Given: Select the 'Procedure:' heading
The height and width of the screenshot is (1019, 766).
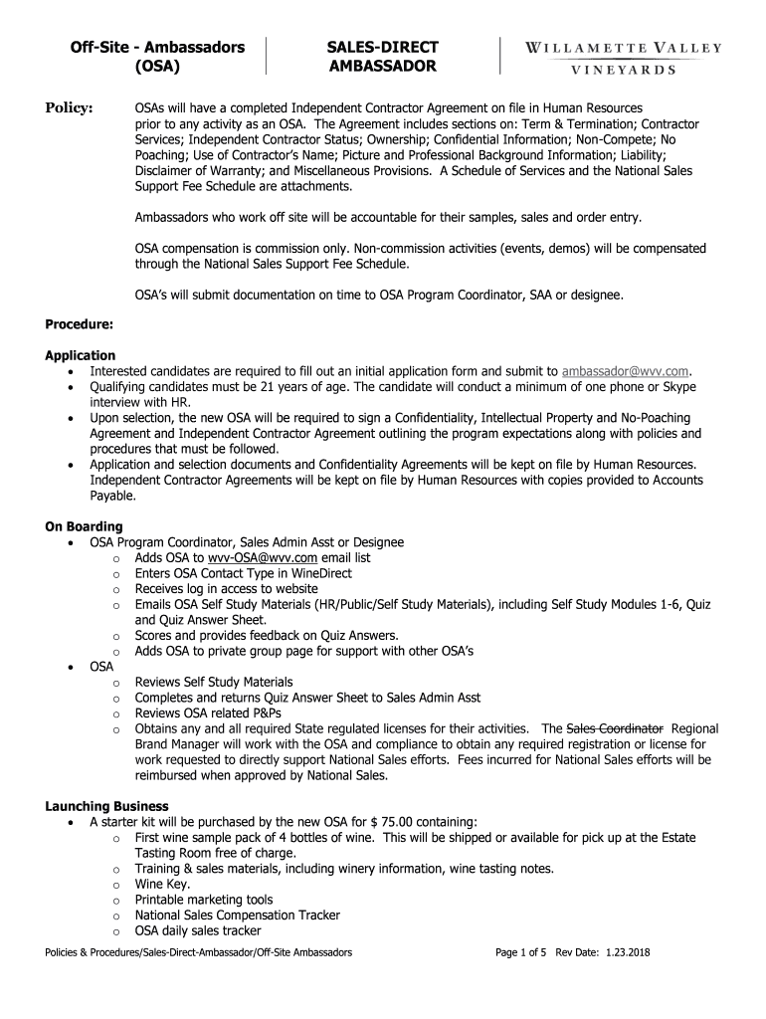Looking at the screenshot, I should (x=79, y=324).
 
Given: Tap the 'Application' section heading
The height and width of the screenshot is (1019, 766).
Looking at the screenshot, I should (x=81, y=355).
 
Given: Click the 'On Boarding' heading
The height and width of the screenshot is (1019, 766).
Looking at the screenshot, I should (x=85, y=526).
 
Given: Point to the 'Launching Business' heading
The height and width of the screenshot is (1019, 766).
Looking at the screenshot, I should (x=106, y=806).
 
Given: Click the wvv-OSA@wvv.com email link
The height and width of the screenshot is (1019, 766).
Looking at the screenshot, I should (x=255, y=558).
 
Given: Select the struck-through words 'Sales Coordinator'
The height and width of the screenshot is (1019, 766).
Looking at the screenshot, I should (x=615, y=728).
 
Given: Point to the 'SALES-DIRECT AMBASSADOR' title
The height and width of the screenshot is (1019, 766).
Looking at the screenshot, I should (x=383, y=57).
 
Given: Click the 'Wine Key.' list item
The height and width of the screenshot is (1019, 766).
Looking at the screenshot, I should (x=163, y=884).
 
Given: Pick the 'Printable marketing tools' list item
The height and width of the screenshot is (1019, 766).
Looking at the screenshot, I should (x=204, y=900).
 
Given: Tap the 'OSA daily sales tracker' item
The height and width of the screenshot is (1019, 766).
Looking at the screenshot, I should (x=198, y=931).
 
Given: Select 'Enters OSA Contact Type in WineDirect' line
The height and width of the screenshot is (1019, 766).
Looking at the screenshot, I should (x=244, y=574).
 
